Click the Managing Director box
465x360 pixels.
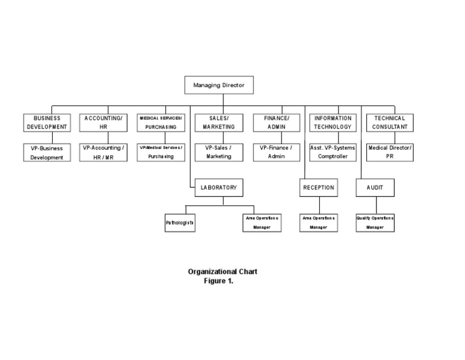[219, 85]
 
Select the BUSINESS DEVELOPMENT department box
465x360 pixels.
[47, 122]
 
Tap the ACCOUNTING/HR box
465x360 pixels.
[104, 122]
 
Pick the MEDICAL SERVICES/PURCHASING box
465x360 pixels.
[160, 122]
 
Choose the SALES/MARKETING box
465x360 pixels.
[219, 122]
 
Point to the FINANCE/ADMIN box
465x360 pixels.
[277, 122]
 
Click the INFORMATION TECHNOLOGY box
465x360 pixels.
[333, 122]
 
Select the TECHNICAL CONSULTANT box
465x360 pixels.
[389, 122]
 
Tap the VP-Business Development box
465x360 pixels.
[47, 152]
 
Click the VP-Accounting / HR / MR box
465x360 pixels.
[104, 152]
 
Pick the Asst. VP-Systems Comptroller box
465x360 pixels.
[333, 152]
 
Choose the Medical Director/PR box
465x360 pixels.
[389, 152]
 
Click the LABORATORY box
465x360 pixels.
[219, 188]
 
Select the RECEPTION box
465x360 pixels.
[318, 188]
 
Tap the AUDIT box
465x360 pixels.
[375, 188]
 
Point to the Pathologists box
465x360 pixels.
[180, 223]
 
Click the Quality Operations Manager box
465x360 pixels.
[375, 222]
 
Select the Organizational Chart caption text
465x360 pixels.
[222, 272]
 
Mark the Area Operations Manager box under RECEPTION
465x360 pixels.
[318, 222]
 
